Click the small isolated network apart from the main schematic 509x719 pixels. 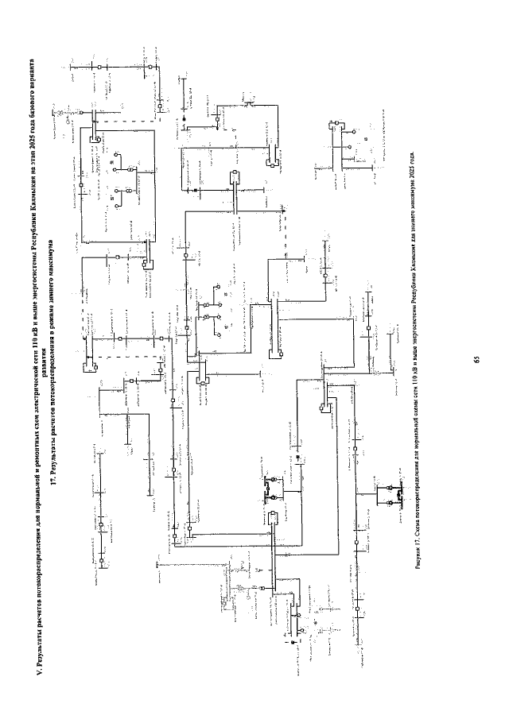(344, 147)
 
